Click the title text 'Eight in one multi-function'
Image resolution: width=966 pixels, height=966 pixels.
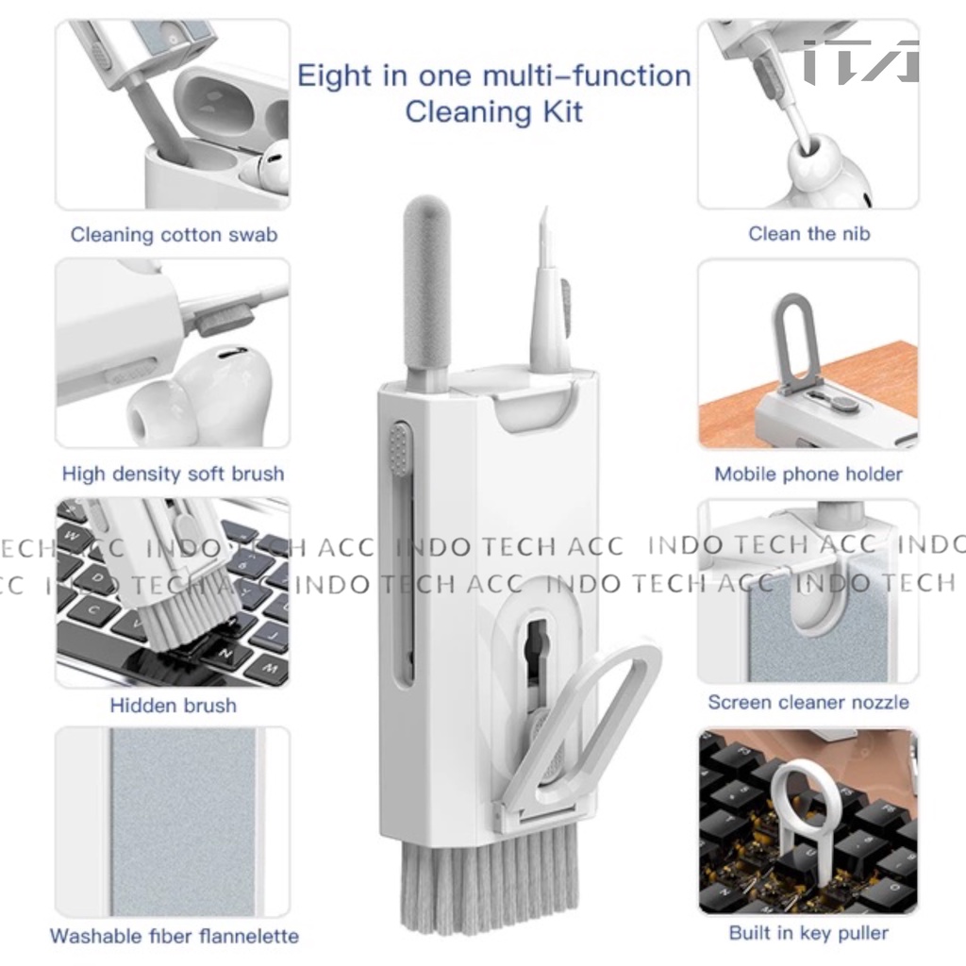click(x=494, y=76)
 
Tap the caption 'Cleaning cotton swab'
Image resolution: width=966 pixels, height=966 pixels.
click(x=174, y=235)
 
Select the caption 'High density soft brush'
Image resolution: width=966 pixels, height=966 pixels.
click(x=174, y=474)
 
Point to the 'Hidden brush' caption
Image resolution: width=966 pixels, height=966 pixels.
click(x=174, y=705)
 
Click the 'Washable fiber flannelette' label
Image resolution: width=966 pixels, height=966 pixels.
click(x=175, y=936)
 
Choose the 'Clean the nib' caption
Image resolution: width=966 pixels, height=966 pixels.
click(x=808, y=234)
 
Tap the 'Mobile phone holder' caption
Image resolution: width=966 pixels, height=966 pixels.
click(x=808, y=474)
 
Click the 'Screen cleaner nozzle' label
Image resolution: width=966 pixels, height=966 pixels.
click(x=808, y=702)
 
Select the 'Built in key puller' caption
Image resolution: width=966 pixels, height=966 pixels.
click(x=808, y=933)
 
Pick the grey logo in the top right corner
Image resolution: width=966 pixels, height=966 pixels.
click(x=861, y=61)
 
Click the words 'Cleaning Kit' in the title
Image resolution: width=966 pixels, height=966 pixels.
click(x=494, y=112)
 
